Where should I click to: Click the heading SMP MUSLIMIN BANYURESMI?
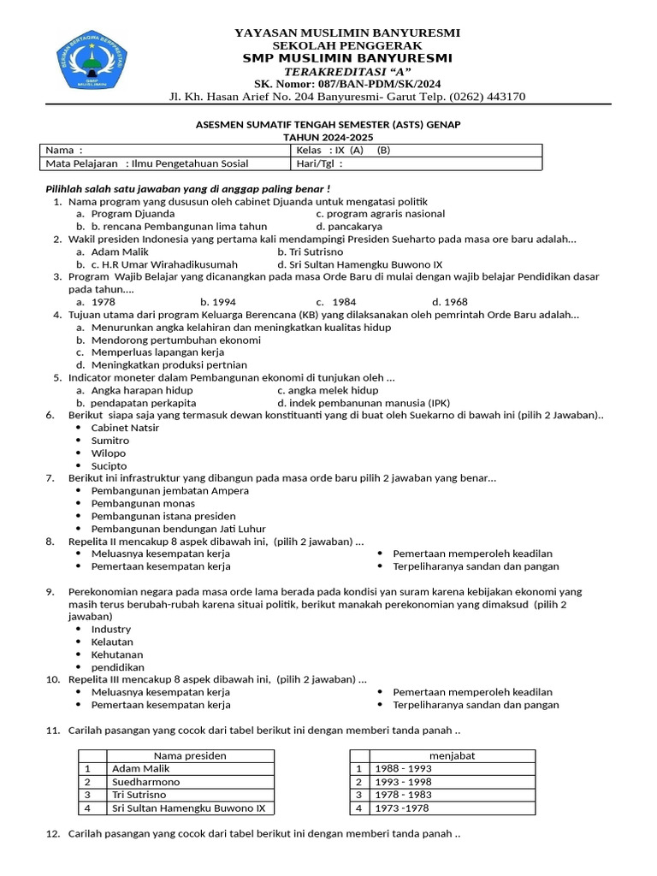click(347, 57)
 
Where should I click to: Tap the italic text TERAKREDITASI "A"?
click(347, 70)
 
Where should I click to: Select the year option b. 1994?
click(218, 302)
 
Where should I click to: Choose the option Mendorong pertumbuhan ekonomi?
click(175, 340)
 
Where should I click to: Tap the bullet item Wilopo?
click(109, 453)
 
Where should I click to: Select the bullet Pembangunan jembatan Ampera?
click(170, 491)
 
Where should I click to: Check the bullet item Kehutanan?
click(117, 654)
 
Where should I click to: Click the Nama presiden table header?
click(190, 756)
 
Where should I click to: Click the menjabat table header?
click(453, 756)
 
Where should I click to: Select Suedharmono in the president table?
click(146, 782)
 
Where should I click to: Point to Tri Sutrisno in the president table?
click(139, 795)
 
